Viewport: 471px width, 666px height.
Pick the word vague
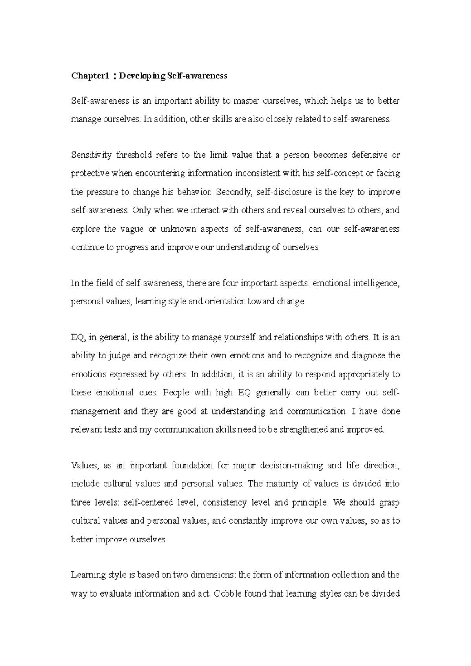coord(131,229)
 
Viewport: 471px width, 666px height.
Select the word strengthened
coord(300,429)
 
